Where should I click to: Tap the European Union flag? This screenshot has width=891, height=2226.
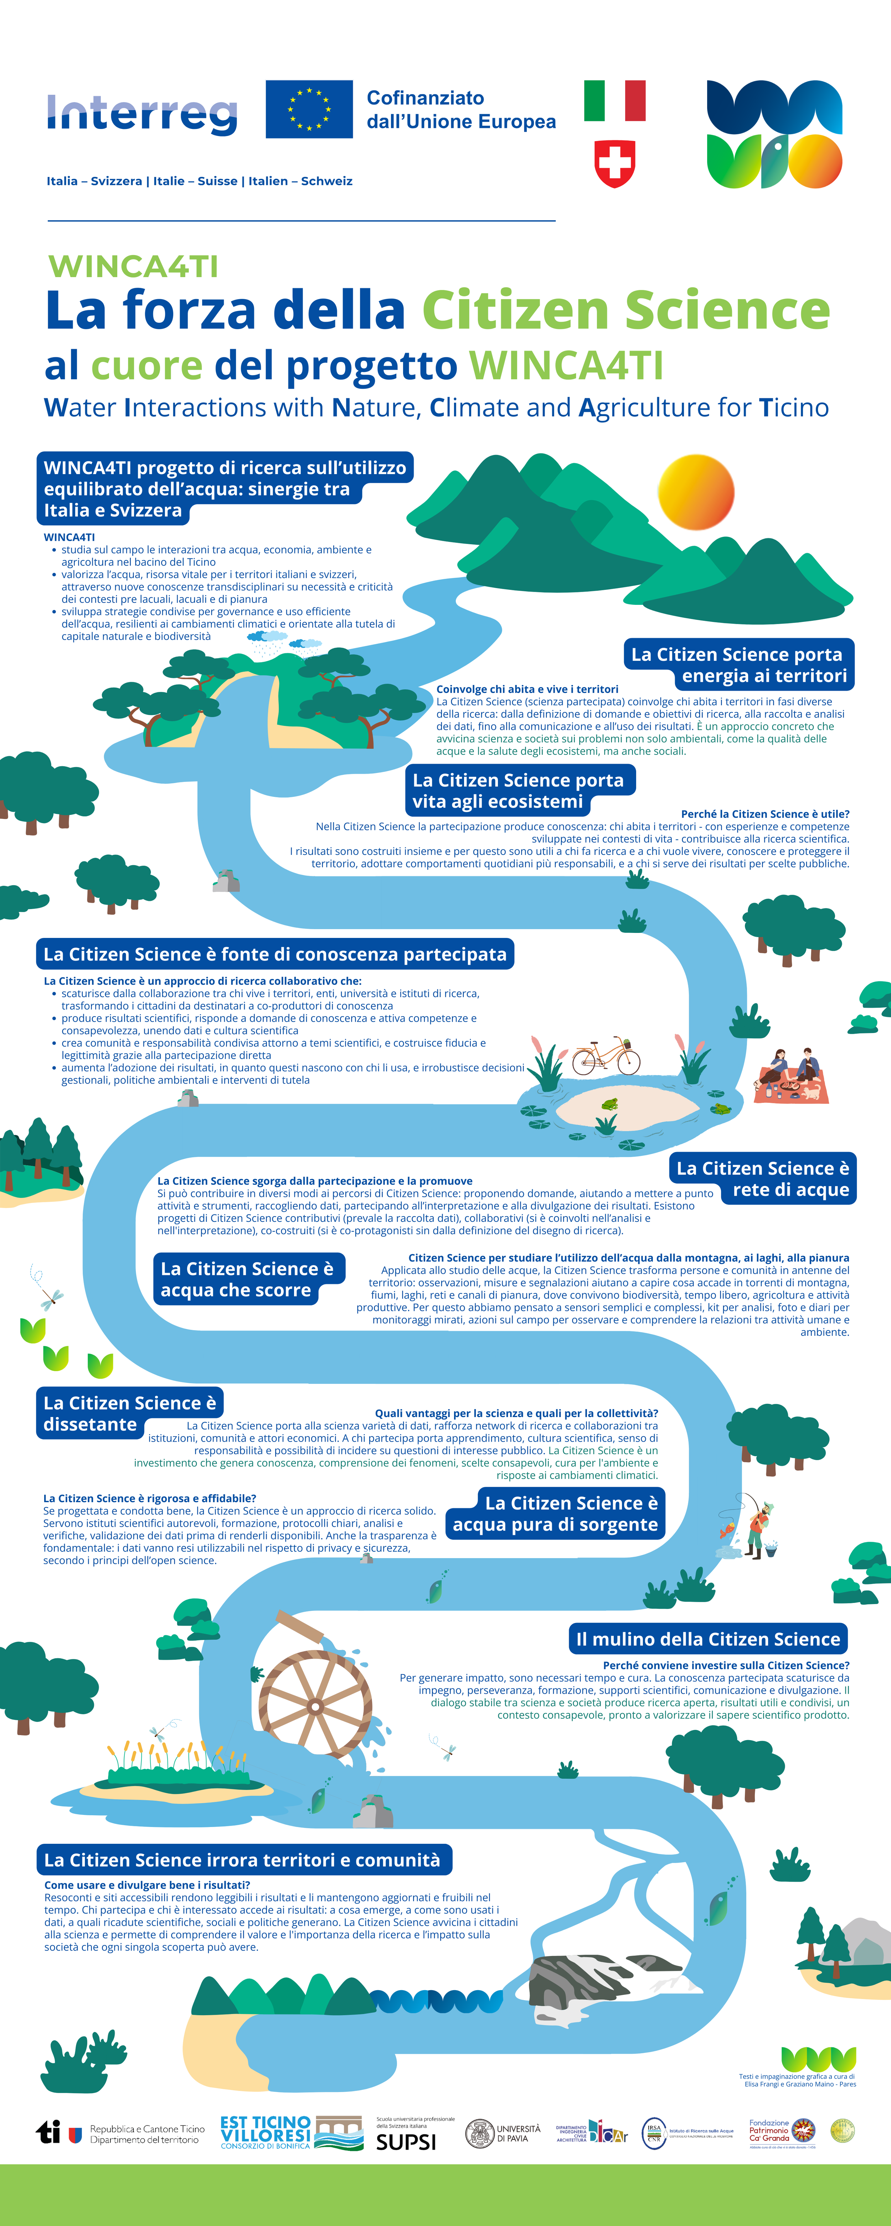pyautogui.click(x=309, y=109)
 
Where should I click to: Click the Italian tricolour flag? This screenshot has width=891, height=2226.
pyautogui.click(x=614, y=100)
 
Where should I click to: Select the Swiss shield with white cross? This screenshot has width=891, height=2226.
pyautogui.click(x=614, y=163)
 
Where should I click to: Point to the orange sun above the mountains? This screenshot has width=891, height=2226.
pyautogui.click(x=696, y=492)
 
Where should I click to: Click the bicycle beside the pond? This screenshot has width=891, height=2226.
pyautogui.click(x=607, y=1056)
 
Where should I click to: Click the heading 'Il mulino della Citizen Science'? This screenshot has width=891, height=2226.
pyautogui.click(x=708, y=1639)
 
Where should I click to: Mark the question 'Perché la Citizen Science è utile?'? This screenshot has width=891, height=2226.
pyautogui.click(x=765, y=814)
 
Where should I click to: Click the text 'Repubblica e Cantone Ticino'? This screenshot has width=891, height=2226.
pyautogui.click(x=147, y=2128)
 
